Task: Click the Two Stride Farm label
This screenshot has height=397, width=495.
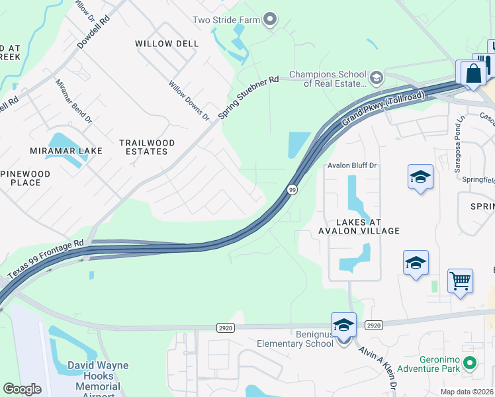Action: click(x=226, y=20)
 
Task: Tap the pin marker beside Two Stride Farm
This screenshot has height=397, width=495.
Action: click(x=269, y=20)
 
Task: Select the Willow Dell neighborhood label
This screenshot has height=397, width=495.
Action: click(x=167, y=44)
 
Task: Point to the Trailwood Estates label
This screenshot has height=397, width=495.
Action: click(x=147, y=147)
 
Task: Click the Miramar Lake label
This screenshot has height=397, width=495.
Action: click(x=66, y=151)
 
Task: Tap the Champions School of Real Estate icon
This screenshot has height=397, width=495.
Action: click(x=376, y=78)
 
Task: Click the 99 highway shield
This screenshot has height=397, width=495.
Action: click(x=292, y=190)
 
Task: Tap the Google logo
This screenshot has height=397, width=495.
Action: click(x=22, y=389)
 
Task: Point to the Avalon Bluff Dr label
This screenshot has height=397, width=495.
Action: click(x=352, y=166)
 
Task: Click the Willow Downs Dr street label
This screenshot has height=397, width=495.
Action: click(x=189, y=101)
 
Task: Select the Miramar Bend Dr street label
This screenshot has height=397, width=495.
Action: click(x=73, y=101)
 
